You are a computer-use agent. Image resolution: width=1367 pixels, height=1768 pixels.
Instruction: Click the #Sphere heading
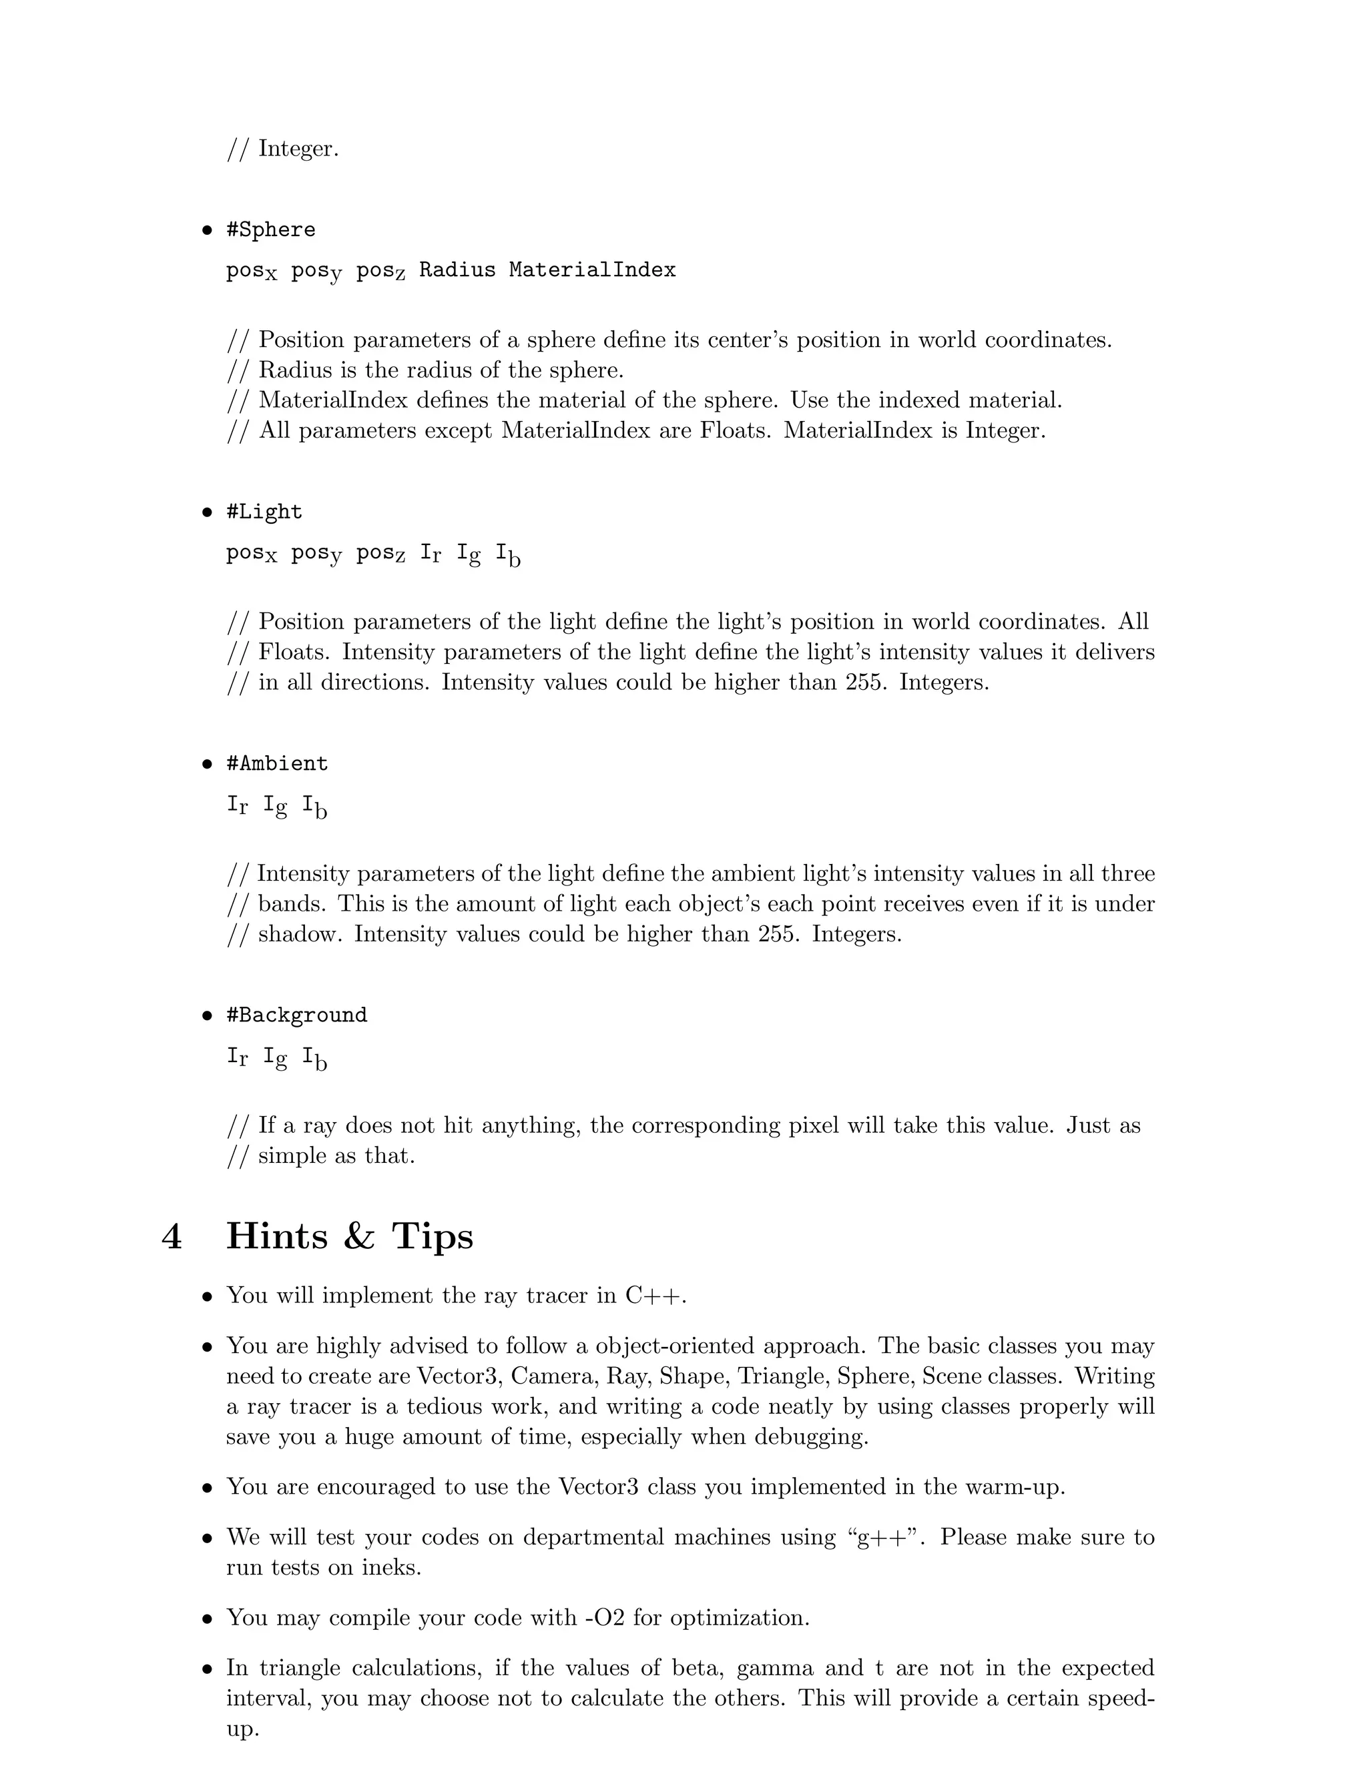click(x=270, y=230)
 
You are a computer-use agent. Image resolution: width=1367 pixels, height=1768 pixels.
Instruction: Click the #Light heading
click(x=264, y=512)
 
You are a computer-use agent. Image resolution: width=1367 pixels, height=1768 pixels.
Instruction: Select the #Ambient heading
click(x=277, y=764)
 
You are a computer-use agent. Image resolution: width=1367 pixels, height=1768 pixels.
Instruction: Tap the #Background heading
click(x=296, y=1016)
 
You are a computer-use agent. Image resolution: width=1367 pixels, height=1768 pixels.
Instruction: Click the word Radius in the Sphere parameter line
click(x=457, y=270)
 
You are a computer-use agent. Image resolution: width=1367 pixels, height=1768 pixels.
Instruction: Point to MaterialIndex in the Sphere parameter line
click(x=592, y=270)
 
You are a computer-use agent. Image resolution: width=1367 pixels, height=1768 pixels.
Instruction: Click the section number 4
click(x=172, y=1237)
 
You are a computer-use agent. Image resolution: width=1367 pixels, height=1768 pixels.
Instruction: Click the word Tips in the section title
click(x=433, y=1237)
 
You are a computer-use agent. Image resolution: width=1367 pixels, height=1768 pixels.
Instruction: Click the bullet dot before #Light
click(x=208, y=513)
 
